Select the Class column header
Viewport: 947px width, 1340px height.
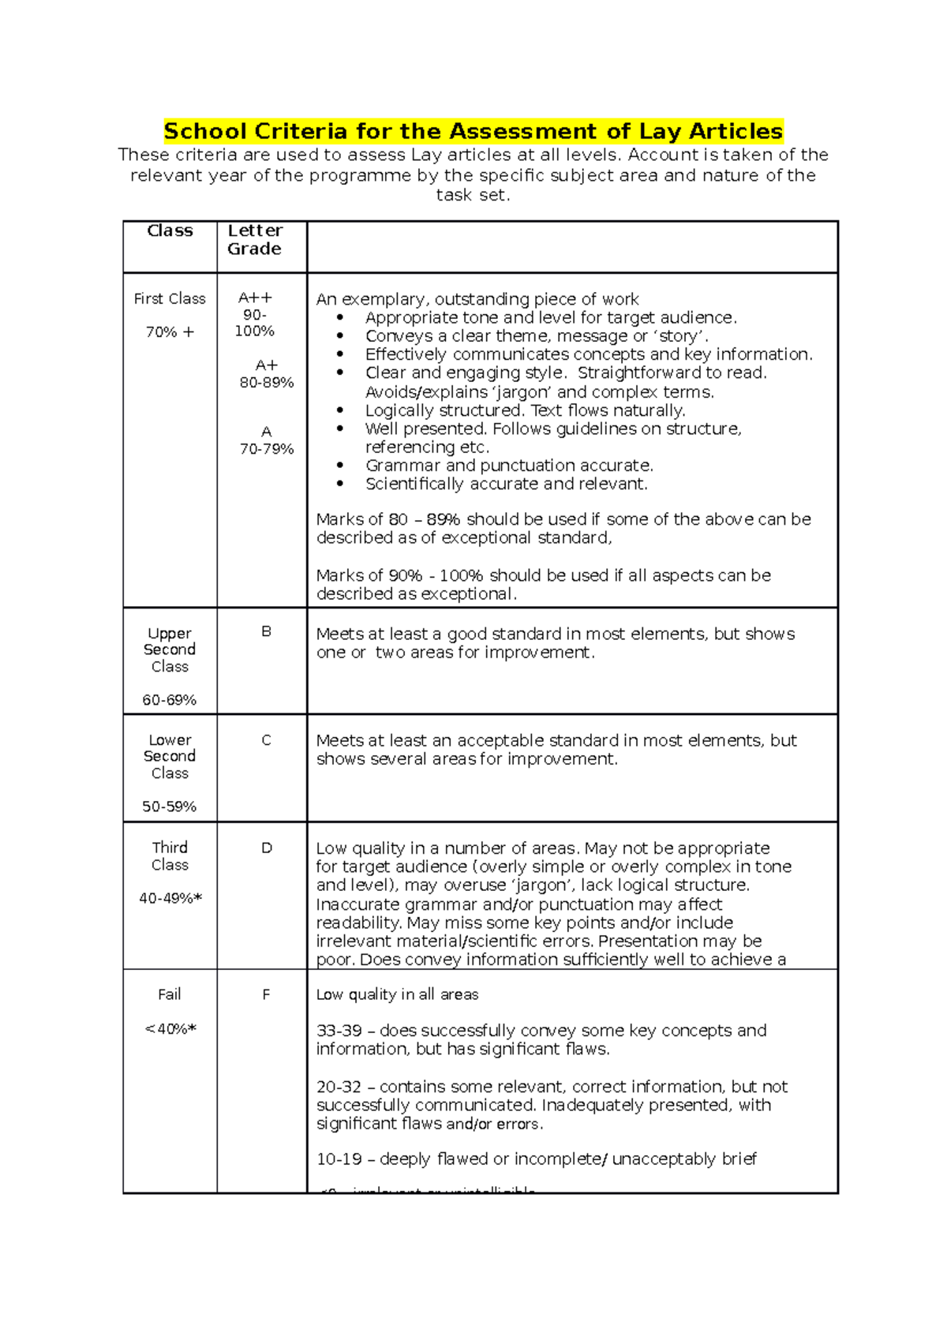170,230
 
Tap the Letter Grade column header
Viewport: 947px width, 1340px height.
254,239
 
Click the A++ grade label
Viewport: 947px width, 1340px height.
255,298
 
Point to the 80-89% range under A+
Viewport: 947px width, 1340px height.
267,382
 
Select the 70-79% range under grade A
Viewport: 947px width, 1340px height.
267,448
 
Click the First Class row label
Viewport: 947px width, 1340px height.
170,298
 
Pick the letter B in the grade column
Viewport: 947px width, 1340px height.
266,631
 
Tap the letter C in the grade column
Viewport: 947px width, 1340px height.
266,739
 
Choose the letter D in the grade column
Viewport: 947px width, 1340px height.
266,848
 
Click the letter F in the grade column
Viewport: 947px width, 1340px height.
266,994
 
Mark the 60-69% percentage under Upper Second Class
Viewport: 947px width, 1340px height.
170,699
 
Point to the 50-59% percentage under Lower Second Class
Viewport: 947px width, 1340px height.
170,806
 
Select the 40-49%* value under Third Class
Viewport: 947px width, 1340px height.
170,897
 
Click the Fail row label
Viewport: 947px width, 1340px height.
170,994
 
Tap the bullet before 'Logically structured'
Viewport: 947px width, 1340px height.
340,410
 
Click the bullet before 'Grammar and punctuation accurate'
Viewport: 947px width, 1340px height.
340,466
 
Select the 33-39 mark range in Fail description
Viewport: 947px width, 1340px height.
339,1031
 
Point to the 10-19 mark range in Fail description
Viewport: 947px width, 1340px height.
339,1158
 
